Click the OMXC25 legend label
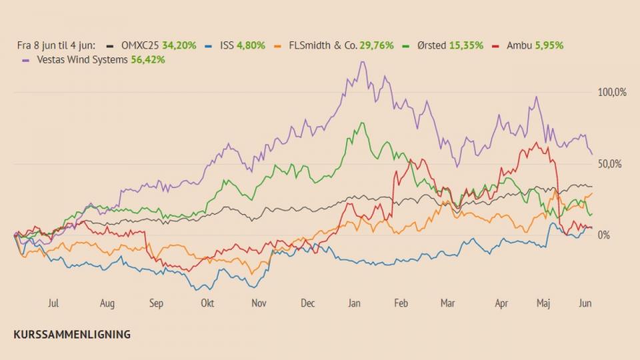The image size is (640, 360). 139,45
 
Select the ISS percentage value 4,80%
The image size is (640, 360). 251,45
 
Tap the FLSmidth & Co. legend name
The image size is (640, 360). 323,45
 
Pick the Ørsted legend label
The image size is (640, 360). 431,45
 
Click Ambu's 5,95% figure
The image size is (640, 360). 549,45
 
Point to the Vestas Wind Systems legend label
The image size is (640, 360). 83,59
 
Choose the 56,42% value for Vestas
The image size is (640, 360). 148,59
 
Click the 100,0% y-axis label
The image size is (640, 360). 612,92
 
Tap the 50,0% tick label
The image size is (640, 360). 610,164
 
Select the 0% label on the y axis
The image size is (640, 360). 604,235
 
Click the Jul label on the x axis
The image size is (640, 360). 53,303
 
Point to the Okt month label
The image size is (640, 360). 207,303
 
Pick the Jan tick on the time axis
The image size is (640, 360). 354,303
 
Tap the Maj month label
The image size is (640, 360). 543,303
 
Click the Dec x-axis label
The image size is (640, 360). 308,303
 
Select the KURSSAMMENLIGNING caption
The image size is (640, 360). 72,334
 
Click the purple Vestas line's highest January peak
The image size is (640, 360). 363,61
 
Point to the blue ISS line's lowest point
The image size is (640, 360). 196,290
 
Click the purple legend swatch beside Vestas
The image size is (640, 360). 26,61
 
